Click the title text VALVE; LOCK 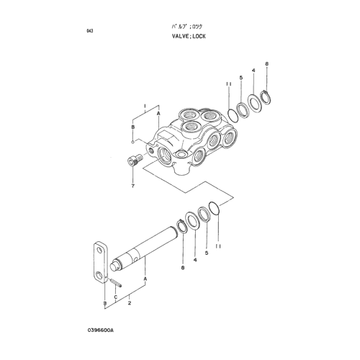tap(189, 36)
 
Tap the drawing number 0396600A tap(101, 330)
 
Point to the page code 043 tap(89, 31)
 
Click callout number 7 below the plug tap(132, 186)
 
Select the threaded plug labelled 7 tap(135, 160)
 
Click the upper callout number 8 tap(266, 64)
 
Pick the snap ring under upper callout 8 tap(266, 96)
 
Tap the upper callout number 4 tap(253, 71)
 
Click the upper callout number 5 tap(241, 77)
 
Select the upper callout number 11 tap(228, 84)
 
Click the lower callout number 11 tap(218, 246)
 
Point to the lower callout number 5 tap(207, 253)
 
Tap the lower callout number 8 tap(183, 268)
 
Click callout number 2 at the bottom tap(130, 303)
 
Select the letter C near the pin tap(115, 297)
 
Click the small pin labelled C tap(116, 282)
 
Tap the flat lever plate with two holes tap(100, 263)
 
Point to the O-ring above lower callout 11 tap(215, 208)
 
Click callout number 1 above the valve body tap(145, 106)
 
